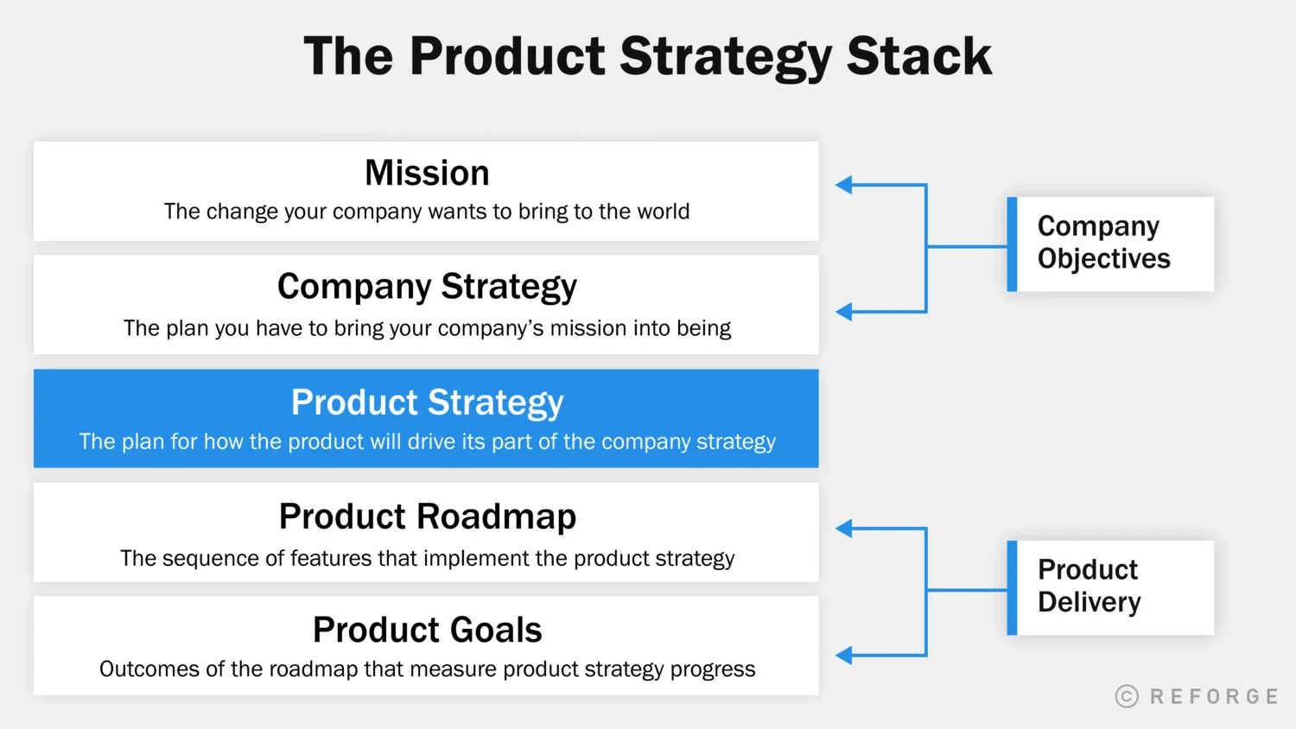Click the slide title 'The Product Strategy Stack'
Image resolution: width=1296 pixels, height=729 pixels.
click(647, 56)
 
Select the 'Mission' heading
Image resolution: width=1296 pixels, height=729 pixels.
click(427, 173)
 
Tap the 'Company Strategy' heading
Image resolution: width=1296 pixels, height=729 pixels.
click(427, 287)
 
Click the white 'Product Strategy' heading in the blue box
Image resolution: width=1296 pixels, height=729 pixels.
click(427, 403)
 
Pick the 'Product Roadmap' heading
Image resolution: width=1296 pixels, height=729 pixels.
click(427, 517)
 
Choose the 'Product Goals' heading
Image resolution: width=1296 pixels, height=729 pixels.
click(427, 630)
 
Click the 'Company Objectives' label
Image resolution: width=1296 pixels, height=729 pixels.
click(1103, 243)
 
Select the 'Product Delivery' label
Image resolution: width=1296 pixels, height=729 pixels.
click(1089, 586)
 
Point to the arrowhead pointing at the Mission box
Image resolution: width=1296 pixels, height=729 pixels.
click(844, 185)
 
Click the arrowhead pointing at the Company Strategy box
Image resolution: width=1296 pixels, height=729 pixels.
click(844, 312)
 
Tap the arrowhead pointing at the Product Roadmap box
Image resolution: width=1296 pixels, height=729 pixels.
click(844, 529)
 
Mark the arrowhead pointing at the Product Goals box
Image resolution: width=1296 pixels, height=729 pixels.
click(844, 656)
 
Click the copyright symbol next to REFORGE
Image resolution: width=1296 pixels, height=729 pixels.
click(1127, 696)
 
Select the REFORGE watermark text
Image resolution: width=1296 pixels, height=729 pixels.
click(1214, 696)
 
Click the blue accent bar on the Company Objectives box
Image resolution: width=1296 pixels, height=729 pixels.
click(1012, 244)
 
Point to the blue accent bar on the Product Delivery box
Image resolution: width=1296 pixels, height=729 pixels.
click(1012, 588)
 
